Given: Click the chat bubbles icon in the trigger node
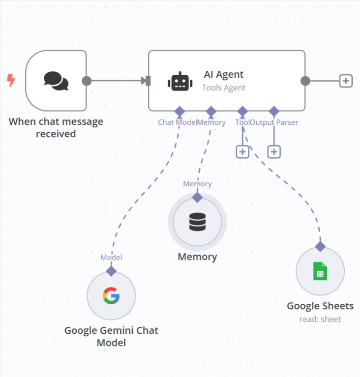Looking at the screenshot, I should [56, 81].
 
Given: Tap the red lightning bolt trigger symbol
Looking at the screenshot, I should [11, 80].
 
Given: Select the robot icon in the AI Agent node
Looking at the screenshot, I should [180, 81].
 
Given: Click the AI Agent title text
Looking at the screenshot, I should [224, 75].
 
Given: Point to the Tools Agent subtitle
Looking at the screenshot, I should [224, 88].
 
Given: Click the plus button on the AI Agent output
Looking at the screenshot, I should [346, 81].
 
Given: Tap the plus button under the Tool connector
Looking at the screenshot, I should [242, 151].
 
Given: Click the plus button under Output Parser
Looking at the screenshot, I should [274, 151].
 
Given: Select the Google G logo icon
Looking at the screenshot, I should [111, 295].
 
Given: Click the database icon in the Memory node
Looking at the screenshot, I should [197, 222].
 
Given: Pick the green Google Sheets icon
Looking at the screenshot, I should [320, 271].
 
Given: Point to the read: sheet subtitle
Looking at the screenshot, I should [320, 319].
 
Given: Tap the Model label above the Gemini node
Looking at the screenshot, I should [111, 258].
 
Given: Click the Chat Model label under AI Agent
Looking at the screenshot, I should [177, 122].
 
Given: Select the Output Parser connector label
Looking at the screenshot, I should [274, 122].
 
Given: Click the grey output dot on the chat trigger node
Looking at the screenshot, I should [87, 81].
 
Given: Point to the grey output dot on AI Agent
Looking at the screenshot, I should [305, 81].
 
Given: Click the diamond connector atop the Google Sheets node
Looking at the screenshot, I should [320, 246].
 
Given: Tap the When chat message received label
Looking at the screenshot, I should [56, 127].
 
